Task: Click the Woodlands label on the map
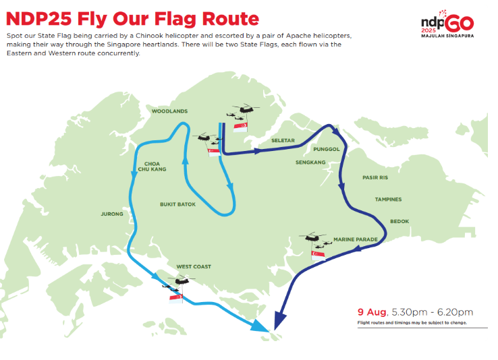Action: coord(169,111)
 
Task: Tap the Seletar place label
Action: coord(283,140)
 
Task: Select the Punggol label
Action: coord(327,149)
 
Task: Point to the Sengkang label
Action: coord(310,162)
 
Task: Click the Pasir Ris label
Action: coord(375,177)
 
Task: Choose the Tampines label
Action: coord(389,200)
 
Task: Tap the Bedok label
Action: coord(399,221)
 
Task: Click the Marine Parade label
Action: coord(356,239)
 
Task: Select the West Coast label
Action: coord(194,267)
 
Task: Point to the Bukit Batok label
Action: coord(178,204)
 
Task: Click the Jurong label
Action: coord(112,214)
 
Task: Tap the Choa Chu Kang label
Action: coord(152,167)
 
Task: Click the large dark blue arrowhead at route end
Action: coord(280,321)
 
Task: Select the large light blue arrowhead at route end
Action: coord(261,326)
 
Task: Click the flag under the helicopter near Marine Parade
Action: coord(319,256)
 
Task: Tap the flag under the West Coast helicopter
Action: coord(176,299)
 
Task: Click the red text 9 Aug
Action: coord(372,312)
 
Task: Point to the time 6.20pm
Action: coord(455,312)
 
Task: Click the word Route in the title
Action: coord(231,19)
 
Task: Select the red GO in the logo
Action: coord(460,23)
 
